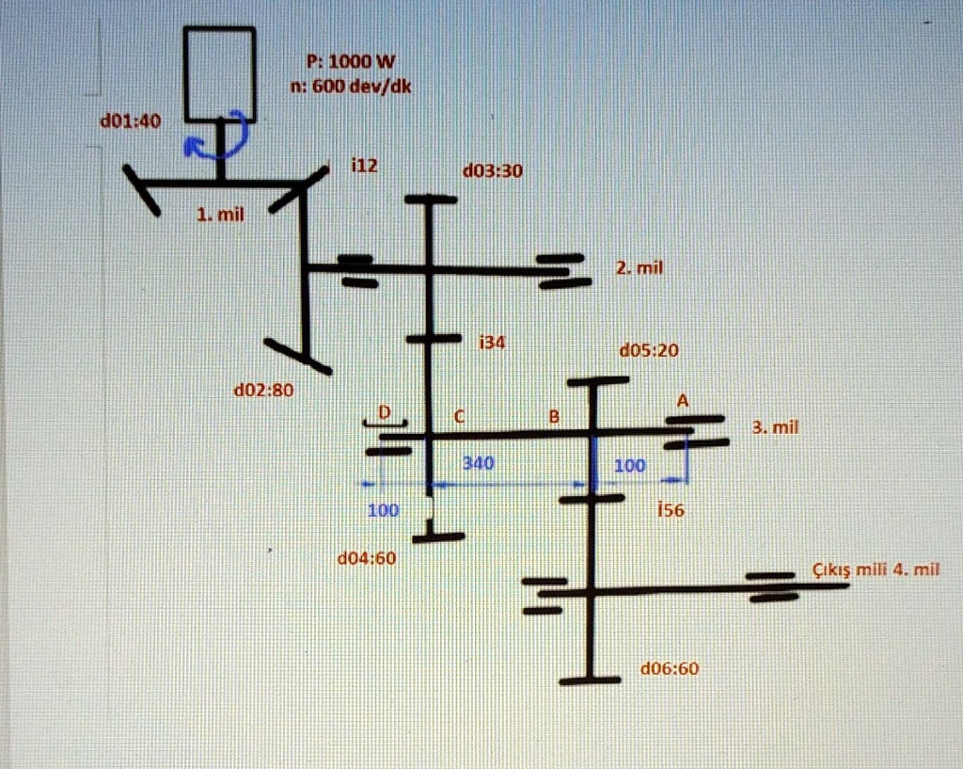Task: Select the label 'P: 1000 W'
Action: tap(351, 61)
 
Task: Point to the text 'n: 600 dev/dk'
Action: tap(351, 86)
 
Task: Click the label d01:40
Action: tap(131, 121)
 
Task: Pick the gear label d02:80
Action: tap(264, 390)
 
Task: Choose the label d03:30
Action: tap(493, 171)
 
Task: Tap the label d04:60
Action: tap(367, 558)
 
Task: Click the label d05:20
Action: tap(649, 350)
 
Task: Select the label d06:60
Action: tap(670, 668)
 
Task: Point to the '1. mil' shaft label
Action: tap(220, 215)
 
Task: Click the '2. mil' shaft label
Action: tap(639, 268)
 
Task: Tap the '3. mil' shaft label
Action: tap(775, 426)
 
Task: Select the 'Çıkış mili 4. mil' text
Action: tap(876, 569)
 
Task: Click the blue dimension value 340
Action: tap(478, 462)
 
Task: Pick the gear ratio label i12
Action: tap(364, 166)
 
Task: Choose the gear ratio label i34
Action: tap(492, 342)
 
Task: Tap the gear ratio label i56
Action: tap(670, 509)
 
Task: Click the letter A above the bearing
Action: tap(683, 401)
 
